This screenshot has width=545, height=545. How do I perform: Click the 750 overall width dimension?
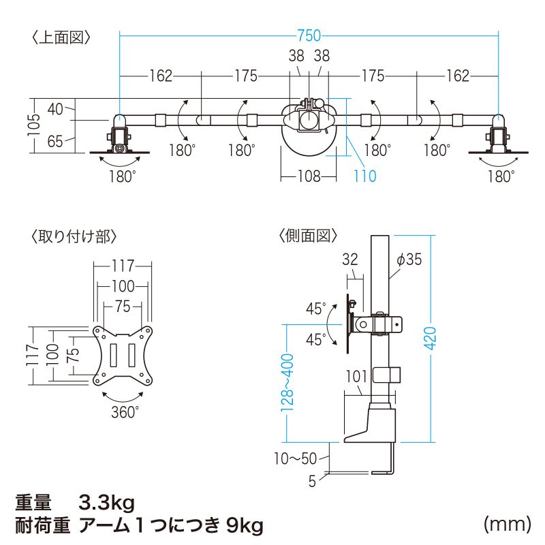pyautogui.click(x=309, y=35)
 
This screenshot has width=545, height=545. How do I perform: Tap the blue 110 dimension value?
pyautogui.click(x=365, y=176)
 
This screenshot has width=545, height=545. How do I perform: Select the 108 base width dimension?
pyautogui.click(x=309, y=176)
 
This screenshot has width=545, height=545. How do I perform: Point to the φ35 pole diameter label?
pyautogui.click(x=409, y=260)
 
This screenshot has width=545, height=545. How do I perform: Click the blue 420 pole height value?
pyautogui.click(x=431, y=338)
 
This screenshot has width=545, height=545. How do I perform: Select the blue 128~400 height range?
pyautogui.click(x=287, y=383)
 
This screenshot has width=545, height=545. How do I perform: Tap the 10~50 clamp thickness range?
pyautogui.click(x=295, y=458)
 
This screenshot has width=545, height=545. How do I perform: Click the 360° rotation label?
pyautogui.click(x=125, y=412)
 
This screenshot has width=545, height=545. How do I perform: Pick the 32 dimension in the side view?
pyautogui.click(x=350, y=260)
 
